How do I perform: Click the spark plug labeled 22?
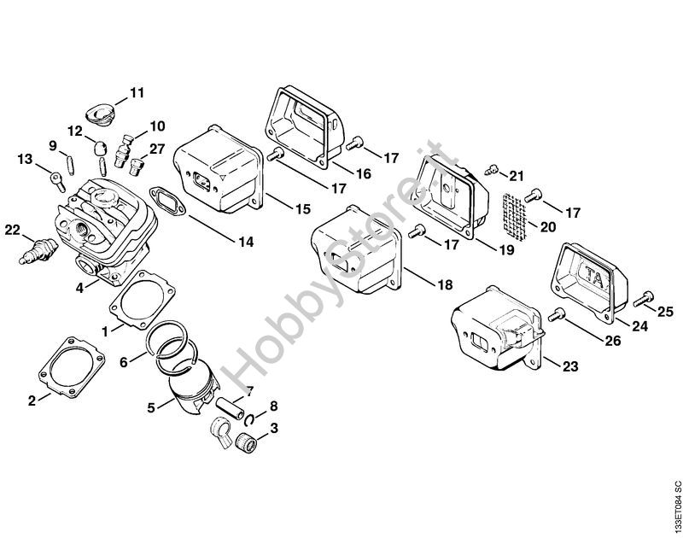point(38,252)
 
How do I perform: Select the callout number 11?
point(137,93)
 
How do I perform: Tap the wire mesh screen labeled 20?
point(514,217)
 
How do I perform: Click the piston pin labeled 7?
point(230,408)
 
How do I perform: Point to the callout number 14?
point(246,242)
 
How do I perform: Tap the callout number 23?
point(570,366)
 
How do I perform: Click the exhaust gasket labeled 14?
point(167,202)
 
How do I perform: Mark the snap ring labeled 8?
point(249,419)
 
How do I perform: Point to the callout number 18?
point(445,284)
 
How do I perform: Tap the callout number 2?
point(32,401)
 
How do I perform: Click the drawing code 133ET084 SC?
point(675,506)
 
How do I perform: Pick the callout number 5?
point(151,408)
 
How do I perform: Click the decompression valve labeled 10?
point(124,149)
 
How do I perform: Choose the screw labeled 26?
point(556,314)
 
